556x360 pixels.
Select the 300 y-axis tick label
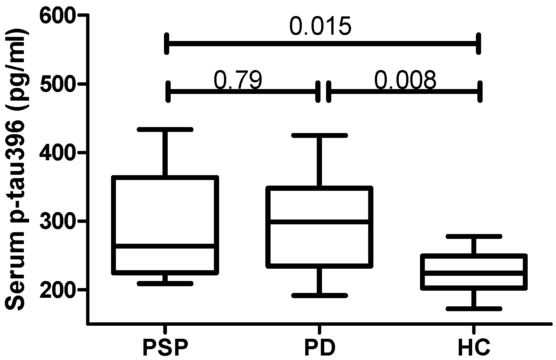click(x=57, y=221)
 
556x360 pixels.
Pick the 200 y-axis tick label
click(x=57, y=290)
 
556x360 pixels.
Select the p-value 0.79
click(x=238, y=80)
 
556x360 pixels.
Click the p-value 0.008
click(x=405, y=80)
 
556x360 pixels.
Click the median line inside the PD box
click(x=319, y=221)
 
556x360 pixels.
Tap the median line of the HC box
click(x=474, y=273)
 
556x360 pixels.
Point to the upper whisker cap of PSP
click(x=165, y=129)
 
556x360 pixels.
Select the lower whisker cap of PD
click(x=319, y=295)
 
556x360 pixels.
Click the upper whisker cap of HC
click(x=474, y=236)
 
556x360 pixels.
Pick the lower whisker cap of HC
click(x=474, y=309)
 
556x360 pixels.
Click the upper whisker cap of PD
click(x=319, y=136)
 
